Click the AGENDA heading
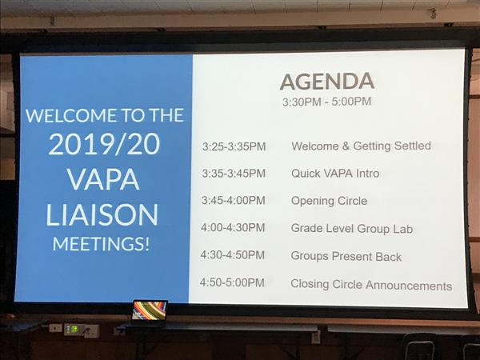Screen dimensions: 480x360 coord(327,82)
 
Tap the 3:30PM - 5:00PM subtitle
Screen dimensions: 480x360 coord(326,102)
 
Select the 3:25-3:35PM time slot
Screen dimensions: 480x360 coord(234,146)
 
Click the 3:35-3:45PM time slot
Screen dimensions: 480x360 coord(234,174)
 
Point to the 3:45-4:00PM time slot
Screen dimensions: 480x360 coord(234,200)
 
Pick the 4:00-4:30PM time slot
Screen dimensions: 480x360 coord(233,227)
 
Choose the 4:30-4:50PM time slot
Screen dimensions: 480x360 coord(233,254)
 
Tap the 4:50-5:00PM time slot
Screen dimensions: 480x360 coord(232,282)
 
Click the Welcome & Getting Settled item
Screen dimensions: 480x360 coord(362,146)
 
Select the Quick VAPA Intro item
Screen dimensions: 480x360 coord(335,174)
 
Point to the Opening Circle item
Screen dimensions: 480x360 coord(329,201)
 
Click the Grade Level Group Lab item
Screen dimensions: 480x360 coord(352,229)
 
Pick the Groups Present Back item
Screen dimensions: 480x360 coord(346,256)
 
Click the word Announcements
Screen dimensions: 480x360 coord(409,286)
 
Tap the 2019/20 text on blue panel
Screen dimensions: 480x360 coord(104,144)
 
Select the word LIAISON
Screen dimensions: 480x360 coord(102,214)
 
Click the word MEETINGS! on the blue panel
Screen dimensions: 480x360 coord(101,244)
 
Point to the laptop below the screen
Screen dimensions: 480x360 coord(150,311)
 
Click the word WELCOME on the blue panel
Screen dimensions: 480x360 coord(71,115)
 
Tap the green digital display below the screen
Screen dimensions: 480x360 coord(72,329)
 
